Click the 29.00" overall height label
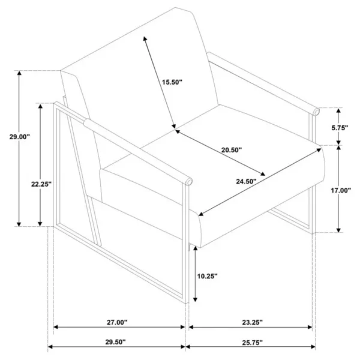(20, 137)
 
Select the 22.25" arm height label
(41, 184)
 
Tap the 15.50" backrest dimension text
(172, 82)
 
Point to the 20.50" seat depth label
(232, 150)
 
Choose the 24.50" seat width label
(246, 181)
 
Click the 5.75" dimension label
(340, 128)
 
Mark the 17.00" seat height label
(341, 190)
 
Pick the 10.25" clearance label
(207, 276)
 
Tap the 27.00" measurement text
(117, 323)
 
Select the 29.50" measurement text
(115, 342)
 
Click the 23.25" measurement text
(253, 323)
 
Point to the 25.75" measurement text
(253, 343)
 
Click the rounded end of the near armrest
(189, 182)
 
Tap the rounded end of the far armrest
(316, 112)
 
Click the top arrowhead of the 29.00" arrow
(19, 73)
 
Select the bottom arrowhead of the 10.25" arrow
(195, 299)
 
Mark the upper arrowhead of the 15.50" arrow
(145, 38)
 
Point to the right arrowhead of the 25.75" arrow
(313, 347)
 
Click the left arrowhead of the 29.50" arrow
(50, 347)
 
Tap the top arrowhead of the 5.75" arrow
(338, 110)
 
